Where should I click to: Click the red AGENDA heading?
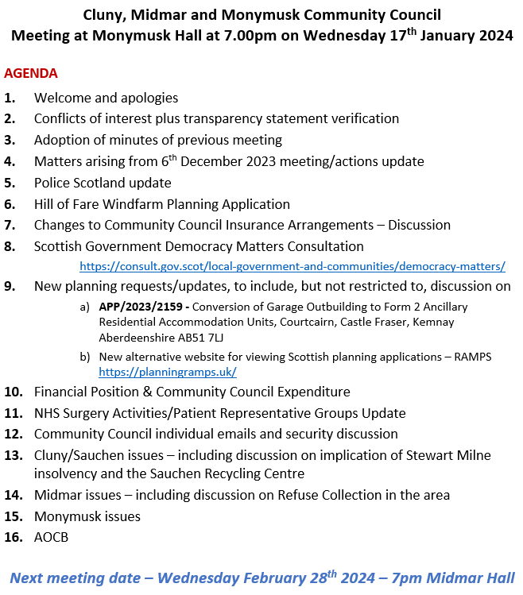click(31, 73)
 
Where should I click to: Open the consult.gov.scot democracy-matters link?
click(292, 266)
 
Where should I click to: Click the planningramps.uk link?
click(167, 371)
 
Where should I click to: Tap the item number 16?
click(13, 537)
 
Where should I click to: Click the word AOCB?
click(51, 537)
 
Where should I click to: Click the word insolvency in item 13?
click(68, 474)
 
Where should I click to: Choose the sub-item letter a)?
click(84, 307)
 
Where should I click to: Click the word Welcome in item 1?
click(61, 98)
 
